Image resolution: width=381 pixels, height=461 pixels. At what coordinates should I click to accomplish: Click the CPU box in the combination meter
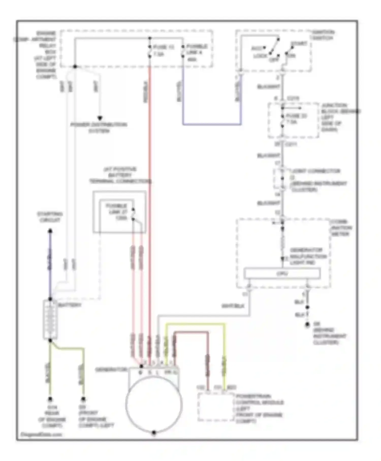[282, 274]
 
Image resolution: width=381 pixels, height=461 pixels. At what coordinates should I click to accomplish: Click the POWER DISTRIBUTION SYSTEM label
[99, 128]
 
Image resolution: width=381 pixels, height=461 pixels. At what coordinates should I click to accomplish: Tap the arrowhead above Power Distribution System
[100, 118]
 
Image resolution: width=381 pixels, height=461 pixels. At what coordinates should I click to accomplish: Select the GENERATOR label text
[111, 370]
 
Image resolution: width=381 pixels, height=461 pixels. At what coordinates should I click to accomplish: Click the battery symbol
[50, 319]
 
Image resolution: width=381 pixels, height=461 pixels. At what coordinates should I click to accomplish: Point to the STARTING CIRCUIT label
[50, 217]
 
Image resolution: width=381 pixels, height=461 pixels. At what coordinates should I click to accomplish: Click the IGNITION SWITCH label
[323, 35]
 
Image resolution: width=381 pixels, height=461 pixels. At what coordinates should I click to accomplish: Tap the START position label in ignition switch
[299, 44]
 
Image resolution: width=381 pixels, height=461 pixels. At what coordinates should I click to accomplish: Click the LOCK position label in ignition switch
[260, 56]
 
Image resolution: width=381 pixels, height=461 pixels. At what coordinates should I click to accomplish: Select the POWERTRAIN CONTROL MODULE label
[259, 408]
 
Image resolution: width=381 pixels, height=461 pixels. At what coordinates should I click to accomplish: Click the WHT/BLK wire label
[233, 306]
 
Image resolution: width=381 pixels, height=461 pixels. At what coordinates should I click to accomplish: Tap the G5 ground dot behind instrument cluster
[307, 325]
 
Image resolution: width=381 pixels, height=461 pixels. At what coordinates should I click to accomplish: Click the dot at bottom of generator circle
[154, 432]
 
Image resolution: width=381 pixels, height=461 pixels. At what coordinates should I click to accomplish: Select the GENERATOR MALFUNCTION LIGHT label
[308, 256]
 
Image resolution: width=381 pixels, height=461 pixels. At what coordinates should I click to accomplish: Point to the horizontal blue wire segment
[212, 124]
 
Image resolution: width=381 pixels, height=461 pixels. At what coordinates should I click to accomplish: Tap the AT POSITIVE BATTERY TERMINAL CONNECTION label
[120, 175]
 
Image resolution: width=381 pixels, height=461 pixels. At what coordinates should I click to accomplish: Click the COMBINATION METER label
[341, 228]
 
